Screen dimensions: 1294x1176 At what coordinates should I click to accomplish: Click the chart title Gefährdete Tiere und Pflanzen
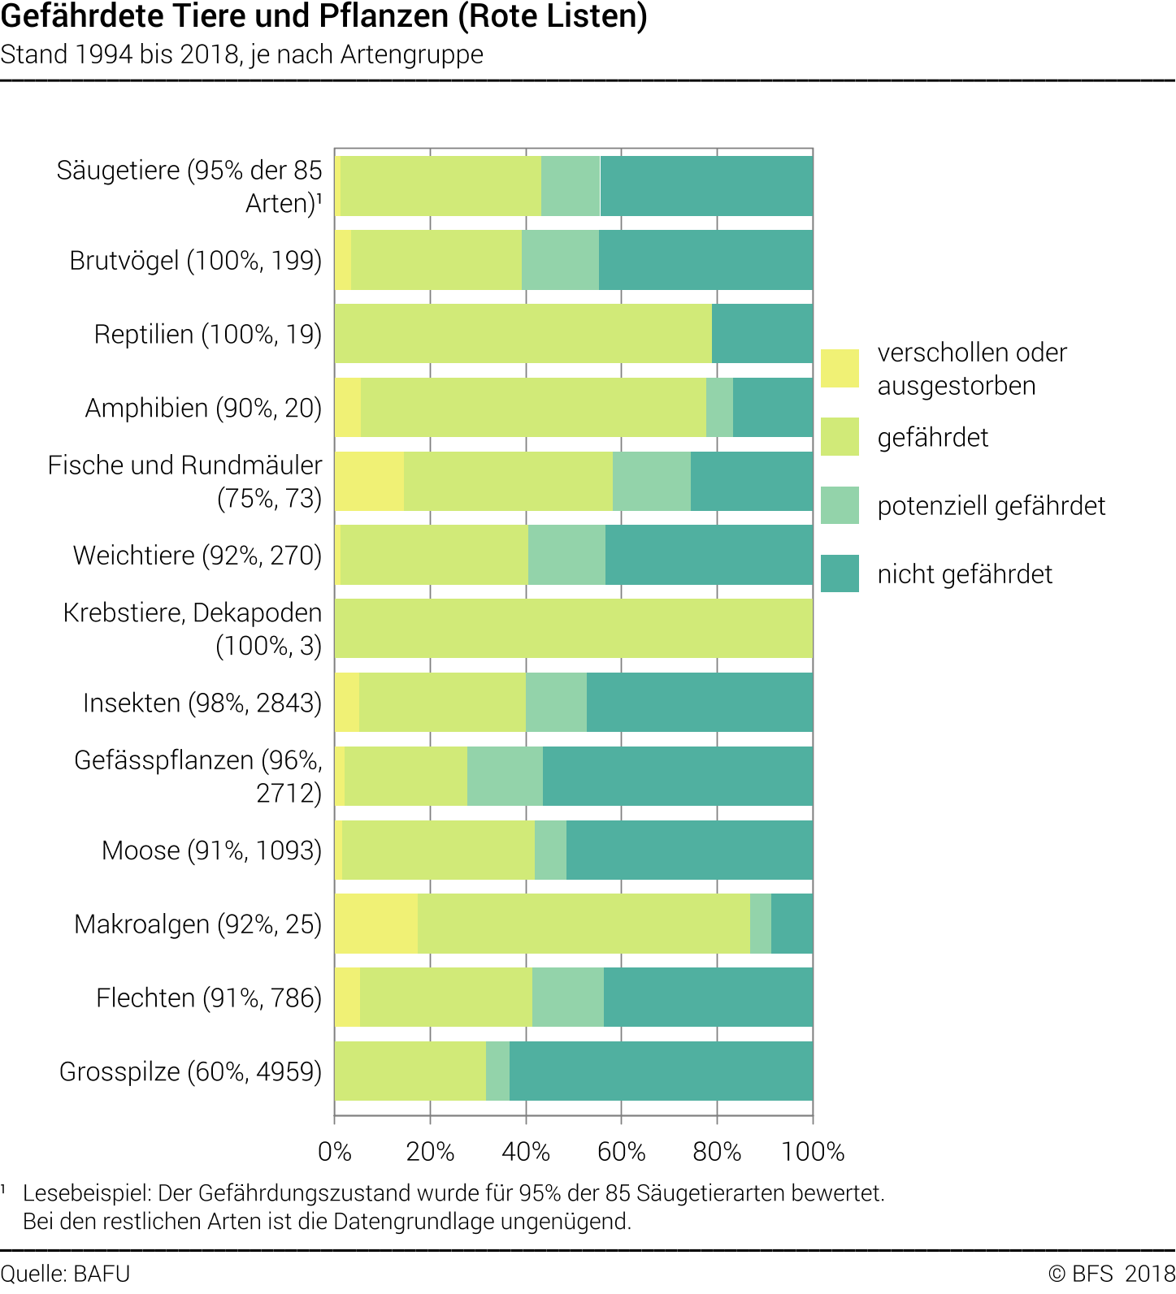click(x=323, y=16)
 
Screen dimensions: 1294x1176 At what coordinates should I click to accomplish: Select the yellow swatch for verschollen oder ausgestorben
click(x=840, y=368)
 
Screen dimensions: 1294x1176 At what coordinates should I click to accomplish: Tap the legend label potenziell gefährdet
click(x=991, y=506)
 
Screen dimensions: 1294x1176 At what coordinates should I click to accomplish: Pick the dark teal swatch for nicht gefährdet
click(x=840, y=573)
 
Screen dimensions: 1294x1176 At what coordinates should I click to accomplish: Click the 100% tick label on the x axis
click(x=813, y=1151)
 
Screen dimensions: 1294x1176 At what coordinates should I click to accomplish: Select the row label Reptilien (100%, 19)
click(x=208, y=334)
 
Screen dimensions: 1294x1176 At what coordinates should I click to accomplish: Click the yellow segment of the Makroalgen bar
click(x=376, y=924)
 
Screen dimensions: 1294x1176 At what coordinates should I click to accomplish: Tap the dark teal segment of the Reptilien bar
click(x=762, y=333)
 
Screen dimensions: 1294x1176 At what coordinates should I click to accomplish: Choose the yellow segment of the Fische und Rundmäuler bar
click(x=369, y=481)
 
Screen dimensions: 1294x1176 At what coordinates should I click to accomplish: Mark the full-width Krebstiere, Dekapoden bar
click(x=573, y=629)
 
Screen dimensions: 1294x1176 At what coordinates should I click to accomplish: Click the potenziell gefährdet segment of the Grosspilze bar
click(x=497, y=1071)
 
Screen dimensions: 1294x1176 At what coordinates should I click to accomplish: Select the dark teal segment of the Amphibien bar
click(x=772, y=407)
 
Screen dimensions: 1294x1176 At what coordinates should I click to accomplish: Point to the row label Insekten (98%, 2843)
click(x=202, y=703)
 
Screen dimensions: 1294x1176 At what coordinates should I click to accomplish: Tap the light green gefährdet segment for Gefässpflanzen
click(x=406, y=776)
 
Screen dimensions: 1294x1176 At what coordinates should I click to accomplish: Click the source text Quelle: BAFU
click(x=65, y=1273)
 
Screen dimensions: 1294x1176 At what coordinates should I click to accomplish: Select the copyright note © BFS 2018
click(x=1111, y=1273)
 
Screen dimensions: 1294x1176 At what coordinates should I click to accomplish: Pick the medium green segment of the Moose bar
click(x=550, y=850)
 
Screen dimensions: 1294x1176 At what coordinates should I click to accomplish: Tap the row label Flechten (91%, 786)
click(x=209, y=998)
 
